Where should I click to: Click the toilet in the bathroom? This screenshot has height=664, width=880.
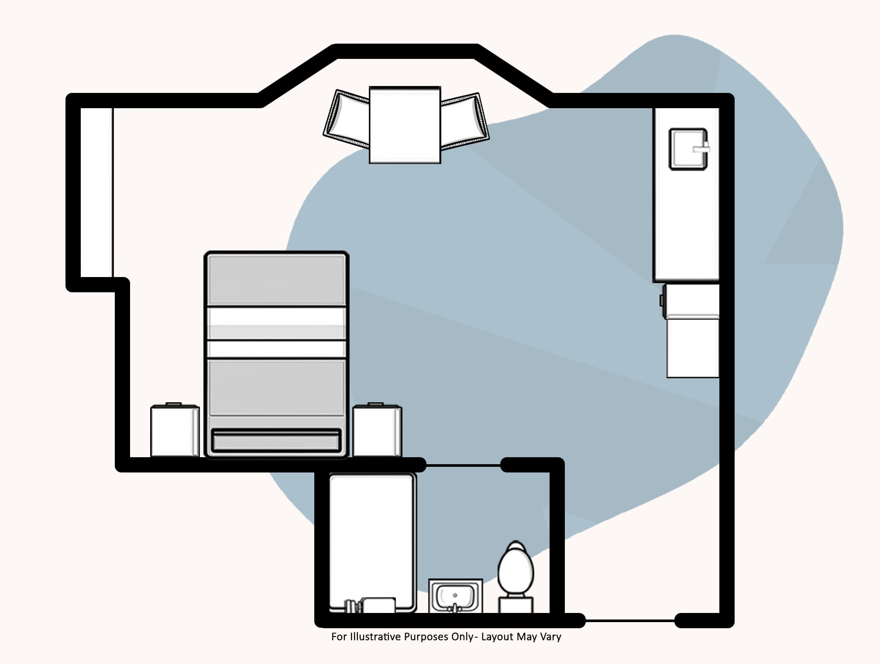(516, 577)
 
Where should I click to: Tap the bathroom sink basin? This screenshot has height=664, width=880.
(455, 596)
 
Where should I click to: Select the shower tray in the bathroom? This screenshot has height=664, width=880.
(372, 542)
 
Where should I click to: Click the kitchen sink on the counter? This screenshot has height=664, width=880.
(689, 149)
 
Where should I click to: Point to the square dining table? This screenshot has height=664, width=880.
(405, 125)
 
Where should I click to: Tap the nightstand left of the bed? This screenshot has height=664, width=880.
(175, 430)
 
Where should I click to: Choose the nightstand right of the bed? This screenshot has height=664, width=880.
(377, 430)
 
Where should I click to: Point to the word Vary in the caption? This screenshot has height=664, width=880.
(550, 637)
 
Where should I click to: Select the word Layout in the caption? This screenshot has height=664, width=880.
(497, 637)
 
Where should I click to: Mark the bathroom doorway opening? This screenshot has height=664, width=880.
(463, 465)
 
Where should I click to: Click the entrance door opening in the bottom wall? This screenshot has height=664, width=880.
(630, 620)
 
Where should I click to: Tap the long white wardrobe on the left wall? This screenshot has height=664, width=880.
(96, 192)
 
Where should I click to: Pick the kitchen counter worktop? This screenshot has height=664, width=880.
(686, 195)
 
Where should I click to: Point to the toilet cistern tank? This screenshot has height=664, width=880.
(516, 605)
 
